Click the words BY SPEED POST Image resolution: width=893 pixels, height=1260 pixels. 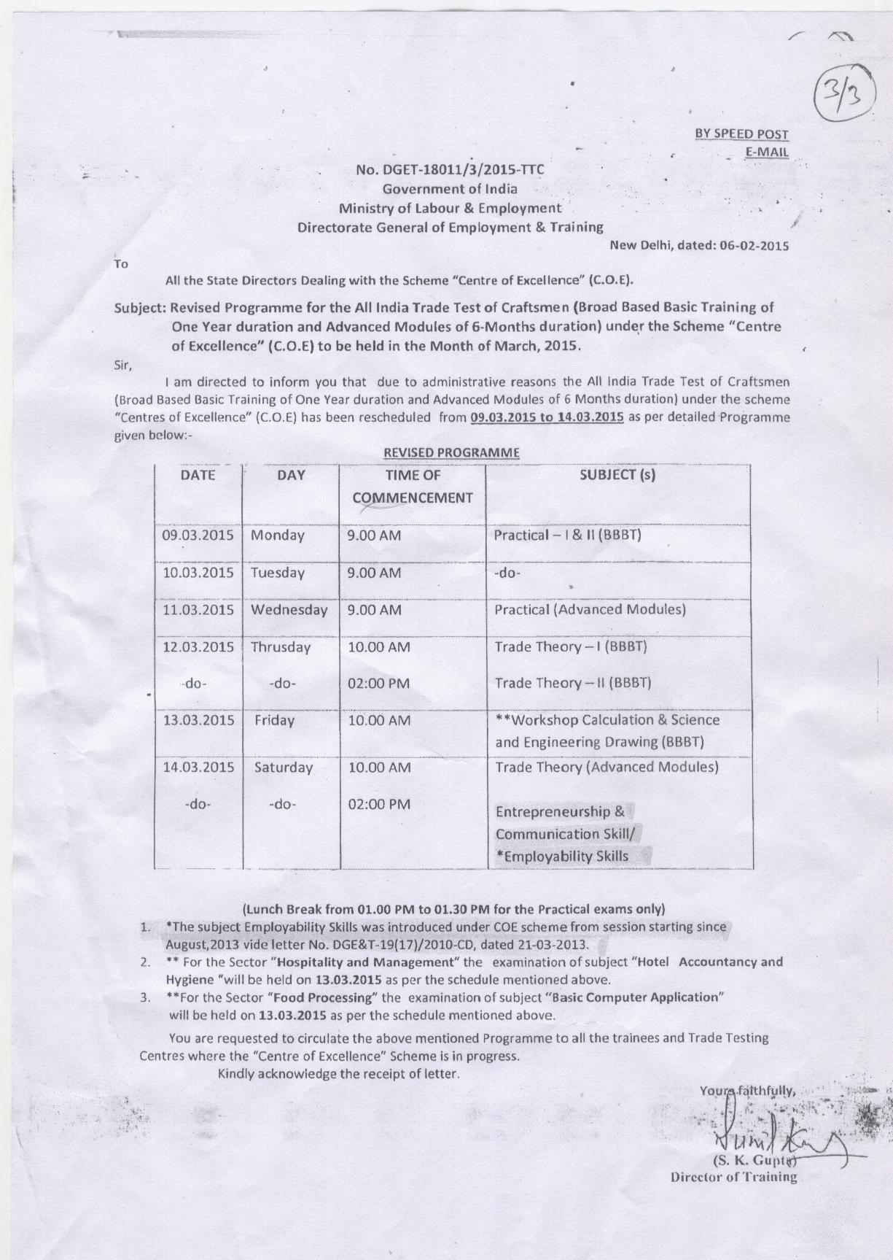point(741,134)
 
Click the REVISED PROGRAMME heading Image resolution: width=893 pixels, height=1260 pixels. point(451,452)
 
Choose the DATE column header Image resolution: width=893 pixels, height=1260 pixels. point(198,475)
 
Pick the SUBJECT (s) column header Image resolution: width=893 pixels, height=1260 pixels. point(617,475)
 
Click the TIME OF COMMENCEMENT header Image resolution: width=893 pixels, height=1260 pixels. point(413,487)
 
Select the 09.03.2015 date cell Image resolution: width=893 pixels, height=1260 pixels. point(198,535)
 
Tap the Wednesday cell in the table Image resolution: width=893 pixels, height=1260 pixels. point(289,609)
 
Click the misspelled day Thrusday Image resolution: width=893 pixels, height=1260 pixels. point(281,647)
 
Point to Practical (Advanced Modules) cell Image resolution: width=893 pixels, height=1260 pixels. point(590,609)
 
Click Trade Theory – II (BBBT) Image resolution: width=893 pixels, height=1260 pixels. point(572,684)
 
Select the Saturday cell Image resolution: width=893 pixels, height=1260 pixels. point(284,768)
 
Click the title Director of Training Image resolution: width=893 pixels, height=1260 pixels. point(733,1178)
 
